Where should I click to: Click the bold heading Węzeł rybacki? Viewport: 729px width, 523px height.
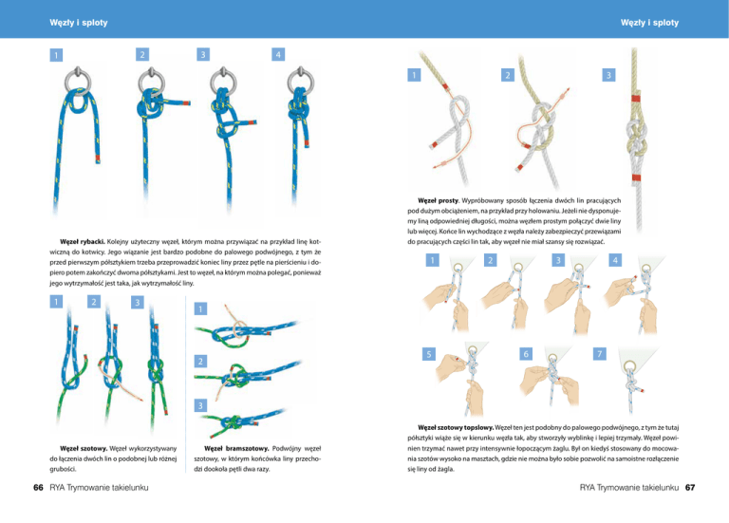point(83,242)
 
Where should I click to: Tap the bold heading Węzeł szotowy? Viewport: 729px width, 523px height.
point(84,449)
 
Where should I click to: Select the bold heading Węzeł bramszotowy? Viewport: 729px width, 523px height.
point(236,449)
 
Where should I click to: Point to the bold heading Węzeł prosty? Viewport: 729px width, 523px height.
point(439,201)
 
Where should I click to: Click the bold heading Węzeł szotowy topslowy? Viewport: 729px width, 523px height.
point(456,428)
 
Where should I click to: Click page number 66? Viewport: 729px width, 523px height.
point(38,487)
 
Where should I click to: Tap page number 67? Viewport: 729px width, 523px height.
point(690,487)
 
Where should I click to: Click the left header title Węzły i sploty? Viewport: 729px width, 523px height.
point(79,23)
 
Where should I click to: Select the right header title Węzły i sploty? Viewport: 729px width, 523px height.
point(649,23)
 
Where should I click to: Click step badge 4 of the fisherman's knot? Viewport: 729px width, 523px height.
point(278,54)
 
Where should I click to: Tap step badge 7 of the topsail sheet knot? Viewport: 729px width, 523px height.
point(600,354)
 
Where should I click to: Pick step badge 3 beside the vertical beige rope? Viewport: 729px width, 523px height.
point(608,75)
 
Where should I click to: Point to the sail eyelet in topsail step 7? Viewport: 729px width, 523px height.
point(631,364)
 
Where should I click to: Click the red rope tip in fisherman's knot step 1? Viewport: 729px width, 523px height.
point(98,159)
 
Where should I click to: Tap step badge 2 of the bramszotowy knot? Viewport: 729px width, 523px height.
point(200,362)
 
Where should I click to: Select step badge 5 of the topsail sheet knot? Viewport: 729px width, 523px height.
point(429,354)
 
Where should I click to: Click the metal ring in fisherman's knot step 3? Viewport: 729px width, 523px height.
point(224,79)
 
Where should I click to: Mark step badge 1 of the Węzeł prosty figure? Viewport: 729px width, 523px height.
point(414,75)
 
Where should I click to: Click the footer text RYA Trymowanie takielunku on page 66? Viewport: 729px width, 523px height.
point(99,487)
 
